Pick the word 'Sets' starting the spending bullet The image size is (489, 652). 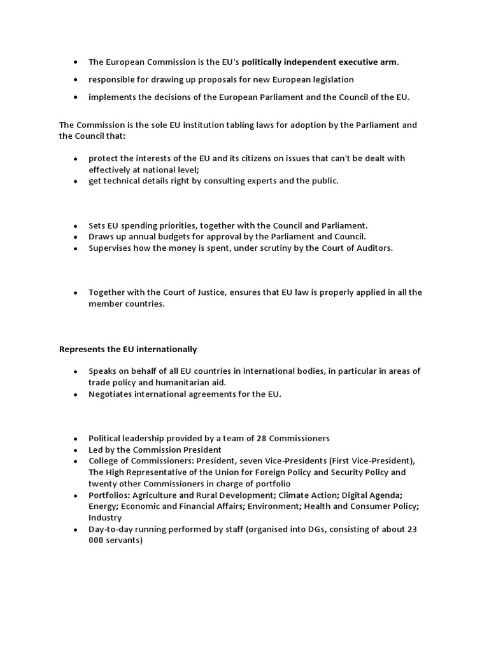(97, 225)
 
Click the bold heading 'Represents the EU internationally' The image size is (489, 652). (128, 349)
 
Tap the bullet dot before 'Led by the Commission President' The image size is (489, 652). (75, 450)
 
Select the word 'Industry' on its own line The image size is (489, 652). (105, 518)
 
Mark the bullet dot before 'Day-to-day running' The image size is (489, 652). (75, 530)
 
